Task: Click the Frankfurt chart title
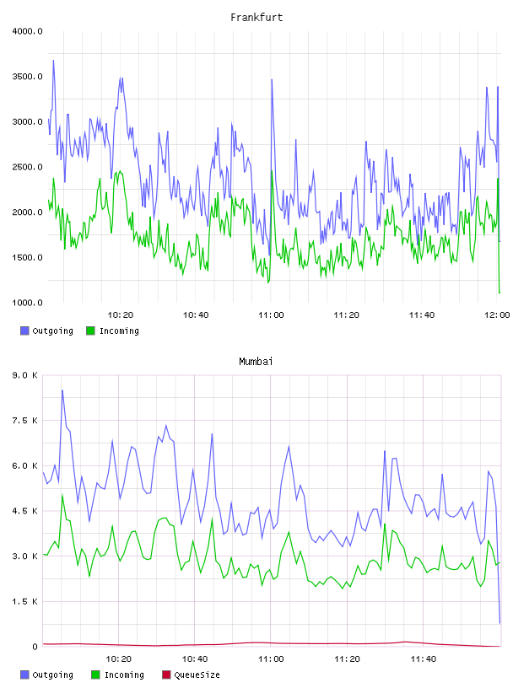[256, 18]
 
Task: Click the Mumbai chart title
[256, 362]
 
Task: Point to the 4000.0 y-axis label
[27, 31]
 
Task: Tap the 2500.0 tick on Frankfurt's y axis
[27, 167]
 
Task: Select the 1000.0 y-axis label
[27, 303]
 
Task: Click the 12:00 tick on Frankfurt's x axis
[497, 315]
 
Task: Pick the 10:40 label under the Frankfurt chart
[196, 315]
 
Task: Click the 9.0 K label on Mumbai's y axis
[25, 375]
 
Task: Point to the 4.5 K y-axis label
[25, 511]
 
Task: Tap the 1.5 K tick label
[25, 601]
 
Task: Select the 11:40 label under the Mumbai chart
[424, 659]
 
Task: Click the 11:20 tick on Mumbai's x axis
[347, 659]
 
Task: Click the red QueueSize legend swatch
[166, 675]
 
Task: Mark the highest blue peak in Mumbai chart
[62, 390]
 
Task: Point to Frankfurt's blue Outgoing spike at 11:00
[272, 80]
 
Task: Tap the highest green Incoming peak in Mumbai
[62, 495]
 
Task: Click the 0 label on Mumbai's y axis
[35, 647]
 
